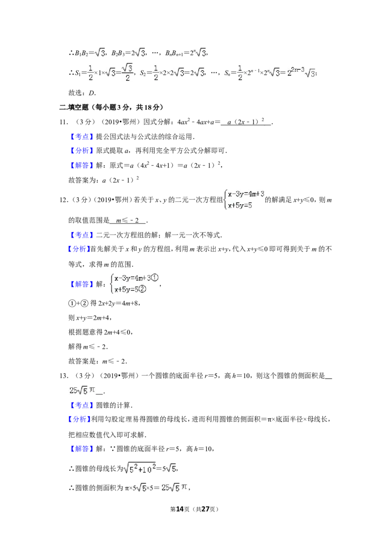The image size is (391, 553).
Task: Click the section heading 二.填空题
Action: coord(74,107)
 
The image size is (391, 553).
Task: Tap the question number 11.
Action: coord(64,122)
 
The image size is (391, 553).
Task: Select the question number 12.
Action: coord(64,200)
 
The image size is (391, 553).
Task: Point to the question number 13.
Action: coord(64,376)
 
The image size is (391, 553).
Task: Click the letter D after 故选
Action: coord(92,93)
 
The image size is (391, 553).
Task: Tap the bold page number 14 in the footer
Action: coord(180,509)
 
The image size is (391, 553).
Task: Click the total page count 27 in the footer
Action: coord(205,509)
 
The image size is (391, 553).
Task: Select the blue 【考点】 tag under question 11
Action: coord(82,136)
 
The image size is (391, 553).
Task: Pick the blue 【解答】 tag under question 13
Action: coord(82,448)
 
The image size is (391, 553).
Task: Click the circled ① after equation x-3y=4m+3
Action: coord(155,278)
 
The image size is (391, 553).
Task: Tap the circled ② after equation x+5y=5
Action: coord(142,289)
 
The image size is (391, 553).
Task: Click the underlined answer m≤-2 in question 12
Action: coord(128,221)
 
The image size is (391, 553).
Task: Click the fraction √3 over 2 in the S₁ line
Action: coord(128,72)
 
